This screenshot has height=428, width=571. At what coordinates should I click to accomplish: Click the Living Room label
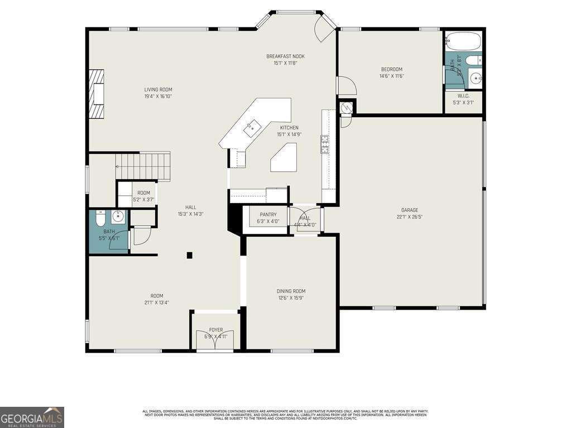pos(158,89)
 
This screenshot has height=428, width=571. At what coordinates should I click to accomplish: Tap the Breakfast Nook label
pos(285,56)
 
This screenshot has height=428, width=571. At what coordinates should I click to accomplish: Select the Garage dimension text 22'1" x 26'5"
pos(409,217)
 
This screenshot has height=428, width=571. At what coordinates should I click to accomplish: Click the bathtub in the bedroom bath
pos(463,41)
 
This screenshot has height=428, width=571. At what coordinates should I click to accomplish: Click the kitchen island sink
pos(252,127)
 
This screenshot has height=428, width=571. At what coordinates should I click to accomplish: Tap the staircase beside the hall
pos(142,166)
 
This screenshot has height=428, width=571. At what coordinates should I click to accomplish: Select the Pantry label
pos(268,215)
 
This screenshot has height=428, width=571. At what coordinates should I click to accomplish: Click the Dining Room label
pos(291,291)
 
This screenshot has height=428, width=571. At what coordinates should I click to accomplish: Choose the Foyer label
pos(216,330)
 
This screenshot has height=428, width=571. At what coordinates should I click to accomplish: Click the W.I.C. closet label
pos(463,96)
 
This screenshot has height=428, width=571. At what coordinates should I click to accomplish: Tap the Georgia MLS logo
pos(32,417)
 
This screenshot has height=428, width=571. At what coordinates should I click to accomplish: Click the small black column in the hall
pos(190,255)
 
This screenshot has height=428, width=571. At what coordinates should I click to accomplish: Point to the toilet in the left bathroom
pos(100,218)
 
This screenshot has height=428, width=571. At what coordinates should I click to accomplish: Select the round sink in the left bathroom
pos(118,217)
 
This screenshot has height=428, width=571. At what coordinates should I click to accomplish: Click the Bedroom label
pos(391,69)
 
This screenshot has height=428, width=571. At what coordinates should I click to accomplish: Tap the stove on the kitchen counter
pos(324,144)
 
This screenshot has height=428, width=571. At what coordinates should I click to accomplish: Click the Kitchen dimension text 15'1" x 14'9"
pos(289,134)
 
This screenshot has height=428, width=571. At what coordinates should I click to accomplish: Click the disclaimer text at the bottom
pos(285,415)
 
